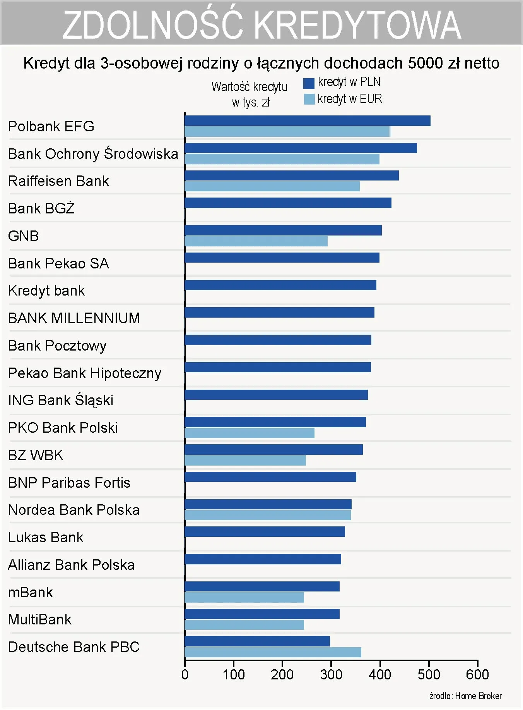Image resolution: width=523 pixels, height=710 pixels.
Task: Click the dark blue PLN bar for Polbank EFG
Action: pos(308,121)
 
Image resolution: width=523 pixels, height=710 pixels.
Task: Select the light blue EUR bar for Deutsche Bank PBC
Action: pos(273,652)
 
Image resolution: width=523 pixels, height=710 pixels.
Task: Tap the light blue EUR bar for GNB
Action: pos(256,241)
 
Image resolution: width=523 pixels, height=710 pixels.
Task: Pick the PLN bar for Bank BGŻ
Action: pos(288,203)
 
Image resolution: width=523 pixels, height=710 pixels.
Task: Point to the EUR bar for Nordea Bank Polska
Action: pos(268,515)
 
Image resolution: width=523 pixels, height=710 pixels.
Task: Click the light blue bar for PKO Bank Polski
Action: pos(250,433)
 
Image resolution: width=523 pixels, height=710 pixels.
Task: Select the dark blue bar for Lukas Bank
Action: pos(265,532)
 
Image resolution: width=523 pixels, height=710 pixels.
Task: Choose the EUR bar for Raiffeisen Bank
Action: pos(272,186)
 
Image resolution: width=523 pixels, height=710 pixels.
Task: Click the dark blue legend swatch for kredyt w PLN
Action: pos(309,83)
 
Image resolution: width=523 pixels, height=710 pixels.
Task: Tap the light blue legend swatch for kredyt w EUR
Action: pos(309,99)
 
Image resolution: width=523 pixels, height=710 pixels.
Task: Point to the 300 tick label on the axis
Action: pos(331,675)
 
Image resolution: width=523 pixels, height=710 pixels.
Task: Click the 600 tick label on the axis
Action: pos(477,675)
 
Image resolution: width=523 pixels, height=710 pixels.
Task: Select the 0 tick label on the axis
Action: pos(185,675)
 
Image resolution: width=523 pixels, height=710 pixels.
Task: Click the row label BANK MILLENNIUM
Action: pos(74,318)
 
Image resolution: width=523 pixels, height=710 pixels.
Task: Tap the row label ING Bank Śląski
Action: pos(61,400)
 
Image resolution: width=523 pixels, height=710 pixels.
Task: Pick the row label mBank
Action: pos(31,592)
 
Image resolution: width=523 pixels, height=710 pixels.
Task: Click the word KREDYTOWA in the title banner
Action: pos(358,25)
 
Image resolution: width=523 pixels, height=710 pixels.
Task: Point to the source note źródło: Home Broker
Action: pos(465,696)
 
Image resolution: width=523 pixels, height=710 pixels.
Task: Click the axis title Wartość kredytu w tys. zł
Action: pos(250,94)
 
